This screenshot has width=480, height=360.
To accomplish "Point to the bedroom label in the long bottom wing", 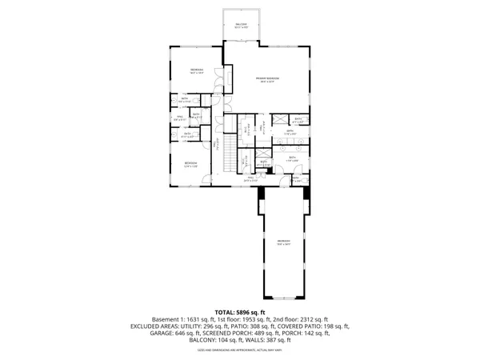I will click(x=283, y=242).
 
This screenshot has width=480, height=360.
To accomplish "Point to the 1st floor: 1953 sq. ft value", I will click(x=242, y=319).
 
